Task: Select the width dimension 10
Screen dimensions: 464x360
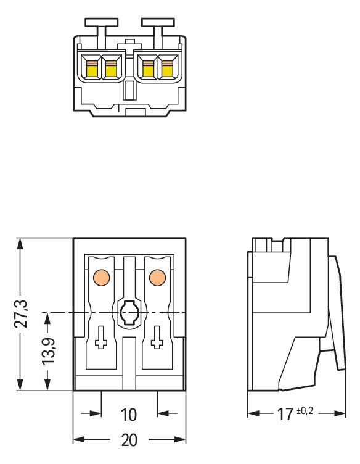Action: click(x=129, y=414)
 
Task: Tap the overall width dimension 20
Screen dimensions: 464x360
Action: click(x=129, y=440)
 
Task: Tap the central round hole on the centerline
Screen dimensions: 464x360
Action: click(x=129, y=313)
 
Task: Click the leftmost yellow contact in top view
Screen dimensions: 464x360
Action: click(x=92, y=70)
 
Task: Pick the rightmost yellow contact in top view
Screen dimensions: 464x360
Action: click(x=166, y=70)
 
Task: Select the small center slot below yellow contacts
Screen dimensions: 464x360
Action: click(x=129, y=91)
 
